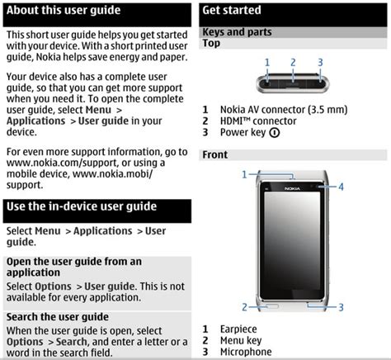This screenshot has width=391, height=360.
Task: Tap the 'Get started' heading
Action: [x=232, y=11]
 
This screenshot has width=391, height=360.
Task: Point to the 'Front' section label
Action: [x=214, y=154]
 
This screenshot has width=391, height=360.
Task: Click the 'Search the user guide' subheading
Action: [x=57, y=316]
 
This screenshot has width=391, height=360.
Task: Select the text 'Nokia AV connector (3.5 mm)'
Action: [x=283, y=109]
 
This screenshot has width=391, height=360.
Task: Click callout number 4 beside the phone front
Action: [x=341, y=187]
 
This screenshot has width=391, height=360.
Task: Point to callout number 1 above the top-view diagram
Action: [x=267, y=62]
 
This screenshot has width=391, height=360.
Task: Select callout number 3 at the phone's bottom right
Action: [x=340, y=307]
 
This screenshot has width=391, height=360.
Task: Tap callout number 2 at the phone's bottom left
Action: [x=245, y=307]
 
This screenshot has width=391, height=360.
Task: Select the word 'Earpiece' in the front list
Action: [x=238, y=329]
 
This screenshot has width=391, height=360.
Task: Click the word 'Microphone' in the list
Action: [x=245, y=352]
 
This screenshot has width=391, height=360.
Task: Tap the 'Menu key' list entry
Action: [x=241, y=340]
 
